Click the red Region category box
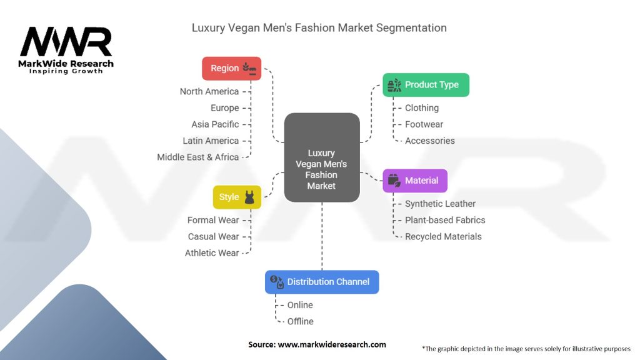point(231,68)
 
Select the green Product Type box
point(426,85)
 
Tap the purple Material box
point(415,181)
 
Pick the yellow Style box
point(237,197)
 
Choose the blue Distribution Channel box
point(322,282)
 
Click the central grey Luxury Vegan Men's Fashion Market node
point(322,157)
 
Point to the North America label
point(209,92)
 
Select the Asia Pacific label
point(215,124)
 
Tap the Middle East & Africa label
point(198,157)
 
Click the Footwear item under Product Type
point(424,124)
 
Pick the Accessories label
point(430,141)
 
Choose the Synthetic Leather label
point(440,204)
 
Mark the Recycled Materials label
point(443,236)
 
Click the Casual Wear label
point(214,236)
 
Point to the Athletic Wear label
point(212,253)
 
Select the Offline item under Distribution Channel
point(301,321)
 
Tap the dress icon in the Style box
point(250,197)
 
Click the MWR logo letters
point(66,42)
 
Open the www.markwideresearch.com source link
point(331,344)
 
